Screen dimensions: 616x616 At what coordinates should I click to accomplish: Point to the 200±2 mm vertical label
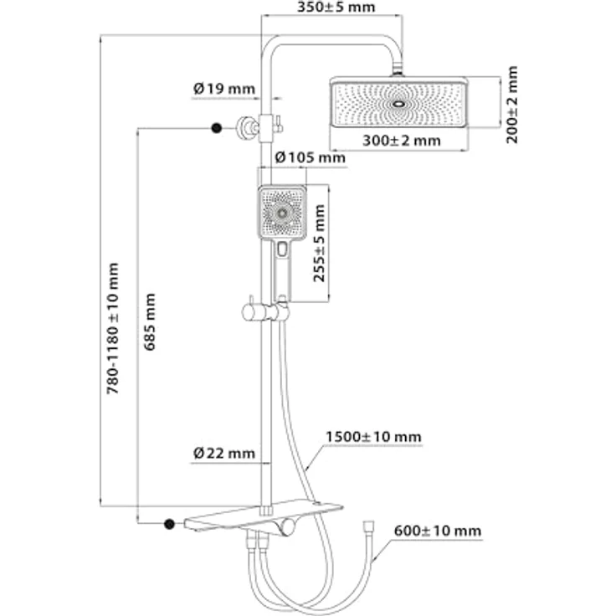click(x=512, y=105)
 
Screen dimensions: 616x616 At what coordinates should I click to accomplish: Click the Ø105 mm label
click(x=309, y=157)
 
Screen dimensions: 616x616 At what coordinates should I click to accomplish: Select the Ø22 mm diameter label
click(x=223, y=453)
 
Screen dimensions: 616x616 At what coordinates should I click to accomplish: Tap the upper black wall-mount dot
click(x=216, y=127)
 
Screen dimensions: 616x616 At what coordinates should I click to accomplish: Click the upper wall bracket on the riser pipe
click(x=249, y=126)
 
